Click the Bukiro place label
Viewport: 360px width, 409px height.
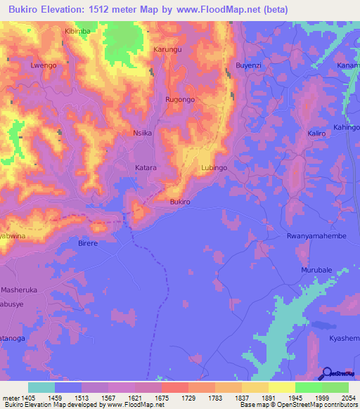tap(180, 202)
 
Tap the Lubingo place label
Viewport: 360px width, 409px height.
tap(214, 168)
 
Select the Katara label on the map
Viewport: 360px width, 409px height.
tap(146, 168)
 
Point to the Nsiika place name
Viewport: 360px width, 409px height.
tap(143, 132)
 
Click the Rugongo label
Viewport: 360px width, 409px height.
tap(179, 100)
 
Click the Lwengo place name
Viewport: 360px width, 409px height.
tap(43, 65)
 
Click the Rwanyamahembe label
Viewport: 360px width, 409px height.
tap(317, 236)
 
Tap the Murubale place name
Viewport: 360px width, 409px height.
tap(316, 271)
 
